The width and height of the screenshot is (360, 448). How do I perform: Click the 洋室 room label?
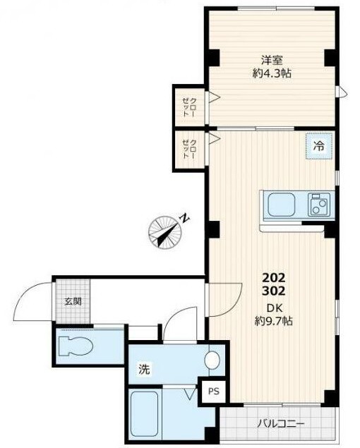point(272,60)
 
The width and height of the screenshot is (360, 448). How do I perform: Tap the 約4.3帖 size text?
point(272,73)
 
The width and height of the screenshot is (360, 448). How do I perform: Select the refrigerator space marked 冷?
point(319,146)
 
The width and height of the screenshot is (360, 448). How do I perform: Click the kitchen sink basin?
point(282,205)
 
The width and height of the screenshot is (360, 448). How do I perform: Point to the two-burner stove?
point(319,205)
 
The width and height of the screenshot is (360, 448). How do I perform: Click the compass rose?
point(165,231)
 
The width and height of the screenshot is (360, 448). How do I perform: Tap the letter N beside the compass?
point(185,219)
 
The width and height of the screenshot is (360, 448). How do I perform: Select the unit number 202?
point(274,277)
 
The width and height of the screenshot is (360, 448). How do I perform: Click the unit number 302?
point(274,291)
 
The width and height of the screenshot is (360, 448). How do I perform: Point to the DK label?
point(275,308)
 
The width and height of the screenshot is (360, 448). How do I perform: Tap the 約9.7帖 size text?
point(273,322)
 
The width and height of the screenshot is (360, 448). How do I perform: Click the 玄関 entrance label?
point(73,301)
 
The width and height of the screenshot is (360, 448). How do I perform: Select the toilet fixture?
point(76,346)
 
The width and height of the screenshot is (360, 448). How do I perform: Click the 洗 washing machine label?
point(144,369)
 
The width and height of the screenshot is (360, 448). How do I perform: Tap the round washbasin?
point(212,359)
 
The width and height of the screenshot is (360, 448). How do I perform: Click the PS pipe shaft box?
point(214,391)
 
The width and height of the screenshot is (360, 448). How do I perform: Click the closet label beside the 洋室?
point(189,107)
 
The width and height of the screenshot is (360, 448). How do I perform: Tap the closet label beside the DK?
point(189,149)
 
